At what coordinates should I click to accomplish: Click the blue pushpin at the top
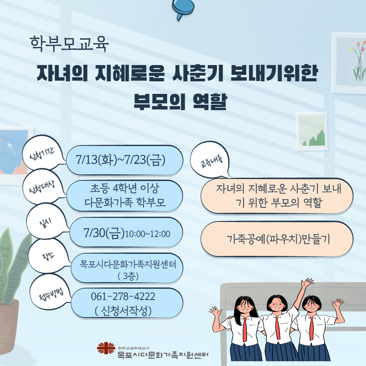[183, 9]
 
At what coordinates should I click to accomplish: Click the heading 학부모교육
[69, 44]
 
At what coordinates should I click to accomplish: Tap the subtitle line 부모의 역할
[180, 102]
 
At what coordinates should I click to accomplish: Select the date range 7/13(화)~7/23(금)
[121, 160]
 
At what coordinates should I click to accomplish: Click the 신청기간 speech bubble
[42, 153]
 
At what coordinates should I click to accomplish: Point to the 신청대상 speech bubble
[42, 187]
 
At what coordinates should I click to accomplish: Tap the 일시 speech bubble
[46, 221]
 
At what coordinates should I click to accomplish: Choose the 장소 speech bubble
[48, 256]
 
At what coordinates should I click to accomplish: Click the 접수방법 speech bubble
[50, 292]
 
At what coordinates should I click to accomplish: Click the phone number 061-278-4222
[123, 297]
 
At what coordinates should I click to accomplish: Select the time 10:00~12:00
[147, 234]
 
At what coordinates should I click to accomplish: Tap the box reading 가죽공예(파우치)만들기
[277, 239]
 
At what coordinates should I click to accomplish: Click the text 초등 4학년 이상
[125, 188]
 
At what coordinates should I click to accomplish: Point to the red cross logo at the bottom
[106, 348]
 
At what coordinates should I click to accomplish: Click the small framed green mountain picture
[312, 131]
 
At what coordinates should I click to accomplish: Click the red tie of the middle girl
[277, 328]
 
